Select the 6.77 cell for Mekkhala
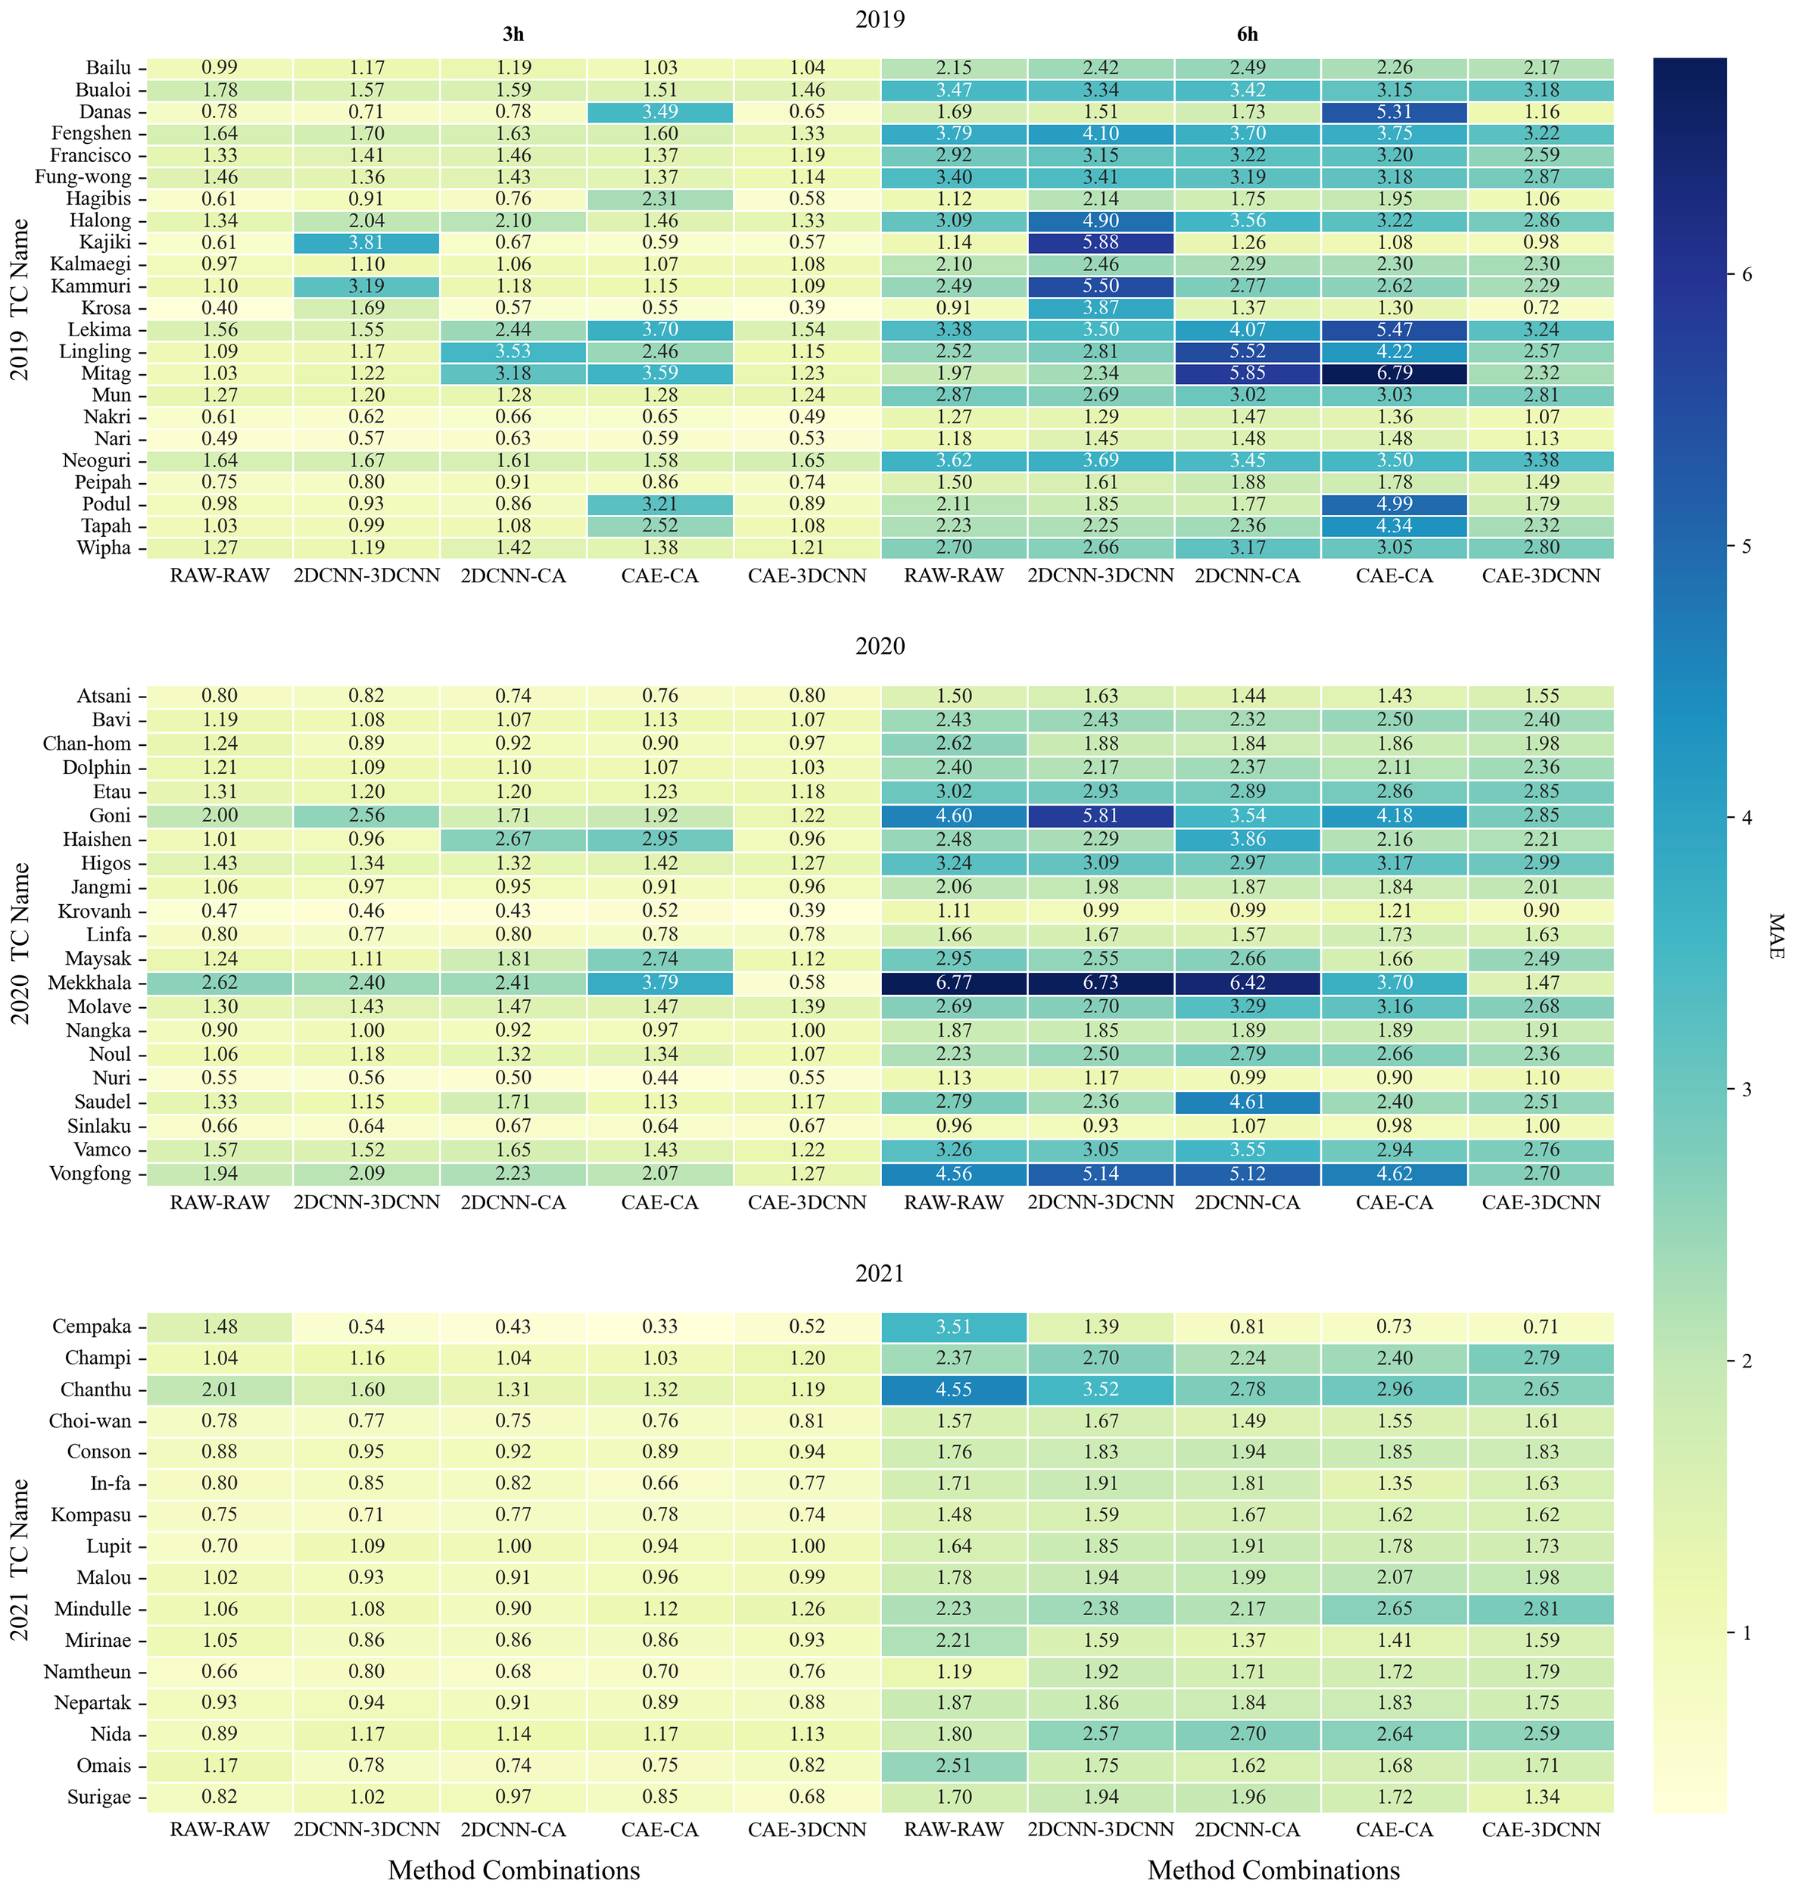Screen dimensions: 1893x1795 point(954,983)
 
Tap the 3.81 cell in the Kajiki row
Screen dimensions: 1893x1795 point(366,242)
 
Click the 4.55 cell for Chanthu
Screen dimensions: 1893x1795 point(954,1389)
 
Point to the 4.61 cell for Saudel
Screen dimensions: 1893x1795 point(1248,1102)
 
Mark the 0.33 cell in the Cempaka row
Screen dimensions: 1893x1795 point(660,1327)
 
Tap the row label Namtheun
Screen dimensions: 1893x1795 point(87,1672)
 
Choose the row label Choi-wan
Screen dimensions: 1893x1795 point(90,1421)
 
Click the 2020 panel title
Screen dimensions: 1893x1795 point(880,647)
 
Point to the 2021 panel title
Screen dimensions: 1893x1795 point(880,1274)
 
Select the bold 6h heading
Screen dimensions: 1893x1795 point(1247,35)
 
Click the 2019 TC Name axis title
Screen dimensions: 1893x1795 point(20,300)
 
